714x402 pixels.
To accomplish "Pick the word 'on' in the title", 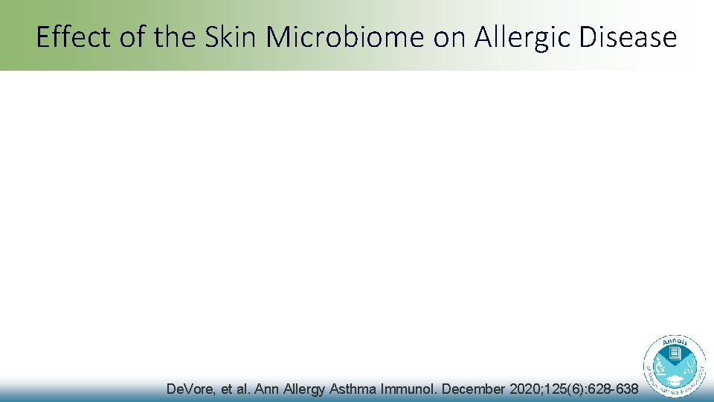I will (448, 37).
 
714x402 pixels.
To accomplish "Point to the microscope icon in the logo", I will (659, 366).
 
